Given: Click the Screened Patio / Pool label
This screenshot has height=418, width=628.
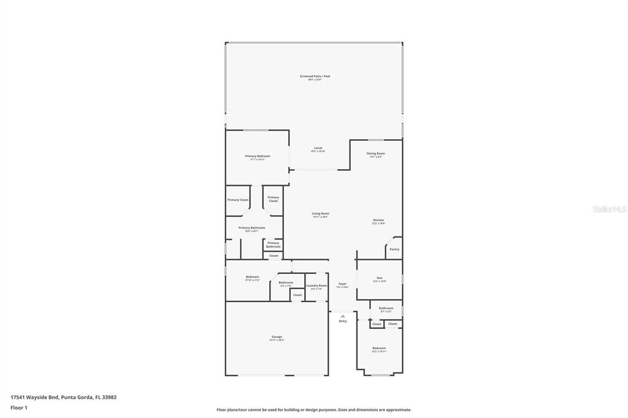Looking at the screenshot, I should click(315, 76).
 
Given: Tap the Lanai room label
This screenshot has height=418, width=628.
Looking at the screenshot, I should click(318, 148).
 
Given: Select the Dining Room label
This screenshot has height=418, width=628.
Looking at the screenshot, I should click(375, 153).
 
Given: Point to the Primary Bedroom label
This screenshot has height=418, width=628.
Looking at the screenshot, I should click(257, 156).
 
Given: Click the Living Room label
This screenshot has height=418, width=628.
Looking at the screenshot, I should click(320, 213).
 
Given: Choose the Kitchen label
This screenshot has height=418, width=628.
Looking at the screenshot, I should click(378, 220).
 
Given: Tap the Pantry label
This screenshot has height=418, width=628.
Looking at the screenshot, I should click(394, 249).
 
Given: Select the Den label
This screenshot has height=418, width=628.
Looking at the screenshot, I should click(380, 278).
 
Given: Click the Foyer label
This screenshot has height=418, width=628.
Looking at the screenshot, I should click(342, 284).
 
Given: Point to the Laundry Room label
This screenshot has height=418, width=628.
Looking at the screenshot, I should click(316, 285).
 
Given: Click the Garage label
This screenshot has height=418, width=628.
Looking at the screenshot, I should click(277, 336).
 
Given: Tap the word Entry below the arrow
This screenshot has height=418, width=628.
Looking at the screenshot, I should click(342, 321).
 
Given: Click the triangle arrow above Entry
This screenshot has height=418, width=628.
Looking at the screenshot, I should click(342, 316).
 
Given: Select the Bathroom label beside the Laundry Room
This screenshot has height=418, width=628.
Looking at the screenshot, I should click(286, 283).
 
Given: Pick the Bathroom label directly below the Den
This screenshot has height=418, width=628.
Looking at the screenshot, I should click(386, 308).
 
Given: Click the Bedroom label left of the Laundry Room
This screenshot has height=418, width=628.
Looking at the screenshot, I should click(252, 276).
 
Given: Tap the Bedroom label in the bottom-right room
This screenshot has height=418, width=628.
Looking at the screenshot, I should click(378, 348).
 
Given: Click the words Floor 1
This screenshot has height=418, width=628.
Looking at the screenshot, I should click(19, 408).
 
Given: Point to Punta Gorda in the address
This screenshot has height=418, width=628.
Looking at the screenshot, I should click(77, 397).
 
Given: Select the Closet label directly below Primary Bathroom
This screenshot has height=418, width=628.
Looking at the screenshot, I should click(274, 256).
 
